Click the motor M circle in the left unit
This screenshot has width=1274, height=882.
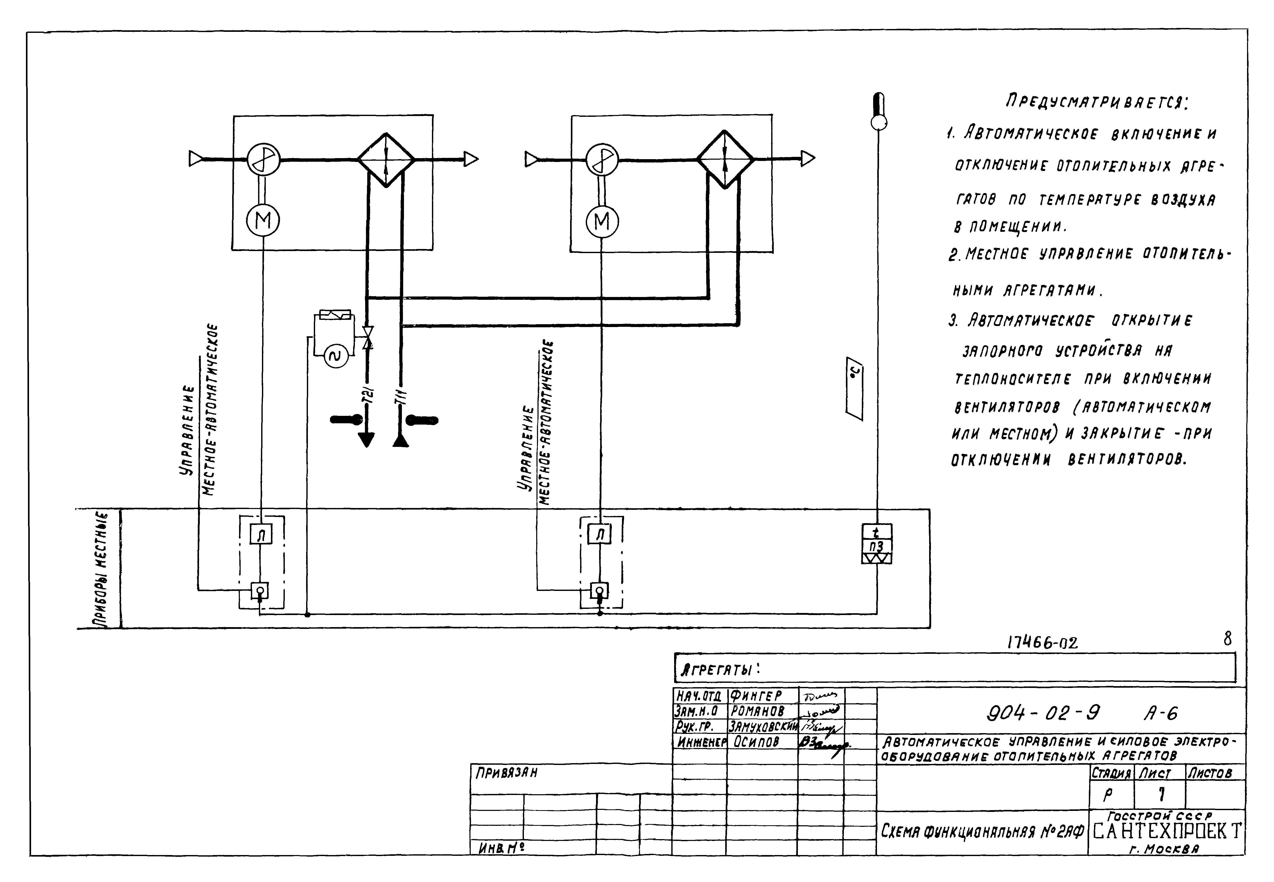(x=263, y=221)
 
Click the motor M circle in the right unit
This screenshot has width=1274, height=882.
(x=602, y=222)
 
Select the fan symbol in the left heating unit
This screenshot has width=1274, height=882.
(x=263, y=160)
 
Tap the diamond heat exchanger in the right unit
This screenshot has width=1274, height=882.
(x=725, y=159)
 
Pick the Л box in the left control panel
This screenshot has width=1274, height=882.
(x=261, y=534)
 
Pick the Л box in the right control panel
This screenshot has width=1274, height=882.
(x=600, y=534)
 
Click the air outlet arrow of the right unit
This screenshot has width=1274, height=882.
(x=807, y=159)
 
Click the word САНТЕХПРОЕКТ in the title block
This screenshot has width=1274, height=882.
(x=1166, y=831)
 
